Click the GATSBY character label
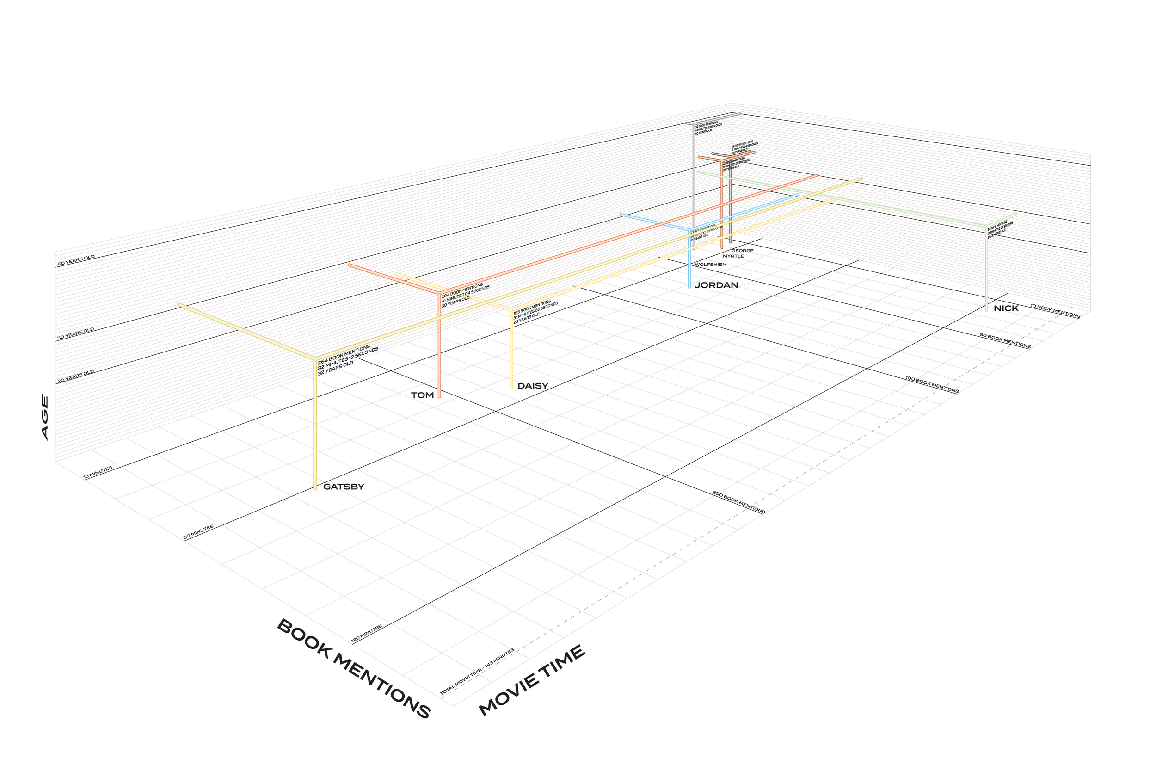[x=344, y=487]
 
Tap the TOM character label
[x=422, y=395]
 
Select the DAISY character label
[x=532, y=386]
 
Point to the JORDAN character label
[x=716, y=285]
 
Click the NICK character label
[x=1006, y=309]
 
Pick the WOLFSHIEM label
[x=710, y=265]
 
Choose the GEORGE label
[x=742, y=251]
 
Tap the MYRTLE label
[x=733, y=256]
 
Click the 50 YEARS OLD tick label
[x=76, y=260]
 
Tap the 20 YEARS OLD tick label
[x=76, y=376]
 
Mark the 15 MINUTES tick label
[x=98, y=472]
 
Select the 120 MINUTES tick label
[x=366, y=634]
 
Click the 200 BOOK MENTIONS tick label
[x=738, y=502]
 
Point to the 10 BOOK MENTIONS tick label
[x=1055, y=311]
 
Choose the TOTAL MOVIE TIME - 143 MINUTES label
[x=477, y=671]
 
